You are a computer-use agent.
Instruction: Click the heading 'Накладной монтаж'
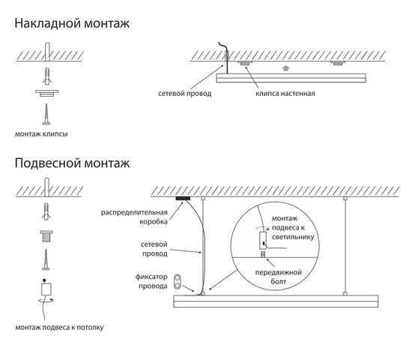(72, 23)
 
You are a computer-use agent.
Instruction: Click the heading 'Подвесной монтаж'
(72, 163)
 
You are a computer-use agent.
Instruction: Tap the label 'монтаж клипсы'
(41, 134)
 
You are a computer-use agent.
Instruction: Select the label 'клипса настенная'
(285, 94)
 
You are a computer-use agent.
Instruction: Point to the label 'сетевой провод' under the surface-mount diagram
(185, 94)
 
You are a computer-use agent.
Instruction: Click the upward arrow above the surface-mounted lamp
(286, 68)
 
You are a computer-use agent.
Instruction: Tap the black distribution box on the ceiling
(183, 198)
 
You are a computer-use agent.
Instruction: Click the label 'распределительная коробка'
(134, 217)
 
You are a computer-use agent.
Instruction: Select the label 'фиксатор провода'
(151, 281)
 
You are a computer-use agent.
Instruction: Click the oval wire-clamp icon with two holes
(178, 281)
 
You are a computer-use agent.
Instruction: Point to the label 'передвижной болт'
(278, 277)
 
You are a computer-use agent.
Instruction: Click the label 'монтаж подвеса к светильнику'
(293, 228)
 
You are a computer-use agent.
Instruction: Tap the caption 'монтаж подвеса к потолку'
(59, 328)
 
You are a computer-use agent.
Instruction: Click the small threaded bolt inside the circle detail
(262, 254)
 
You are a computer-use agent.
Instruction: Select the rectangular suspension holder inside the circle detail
(263, 240)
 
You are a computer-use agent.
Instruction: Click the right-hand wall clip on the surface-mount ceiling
(338, 63)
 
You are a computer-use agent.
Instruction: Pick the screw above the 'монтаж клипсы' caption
(46, 114)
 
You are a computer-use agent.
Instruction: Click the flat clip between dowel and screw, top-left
(46, 93)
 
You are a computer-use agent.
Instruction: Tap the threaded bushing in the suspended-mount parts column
(46, 236)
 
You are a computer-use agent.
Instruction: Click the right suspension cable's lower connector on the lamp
(345, 293)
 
